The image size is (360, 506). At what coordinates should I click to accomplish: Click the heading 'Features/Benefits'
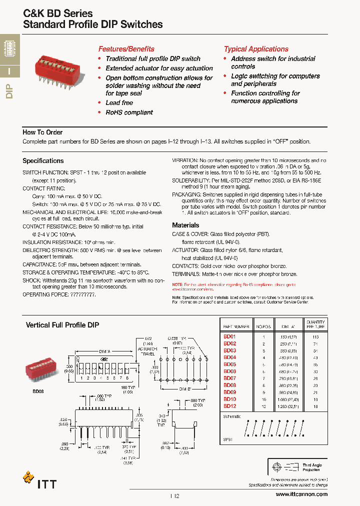coord(126,49)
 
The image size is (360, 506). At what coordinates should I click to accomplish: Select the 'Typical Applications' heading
coord(256,49)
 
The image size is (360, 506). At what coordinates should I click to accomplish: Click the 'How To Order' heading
coord(42,132)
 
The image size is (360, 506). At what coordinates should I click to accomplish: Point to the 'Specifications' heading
coord(43,161)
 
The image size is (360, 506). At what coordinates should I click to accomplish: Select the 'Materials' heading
coord(185,225)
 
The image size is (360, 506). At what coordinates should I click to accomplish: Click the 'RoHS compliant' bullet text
coord(129,112)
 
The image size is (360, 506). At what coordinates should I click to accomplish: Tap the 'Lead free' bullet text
coord(119,102)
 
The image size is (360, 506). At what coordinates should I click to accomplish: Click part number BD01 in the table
coord(229,336)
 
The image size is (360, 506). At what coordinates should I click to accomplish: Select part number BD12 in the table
coord(229,406)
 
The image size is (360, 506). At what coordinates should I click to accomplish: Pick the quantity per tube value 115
coord(315,336)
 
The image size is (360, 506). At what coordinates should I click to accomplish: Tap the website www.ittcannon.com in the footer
coord(301,494)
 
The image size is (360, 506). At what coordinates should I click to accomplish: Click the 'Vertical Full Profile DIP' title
coord(62,325)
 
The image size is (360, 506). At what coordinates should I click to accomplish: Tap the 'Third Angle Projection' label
coord(312,467)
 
